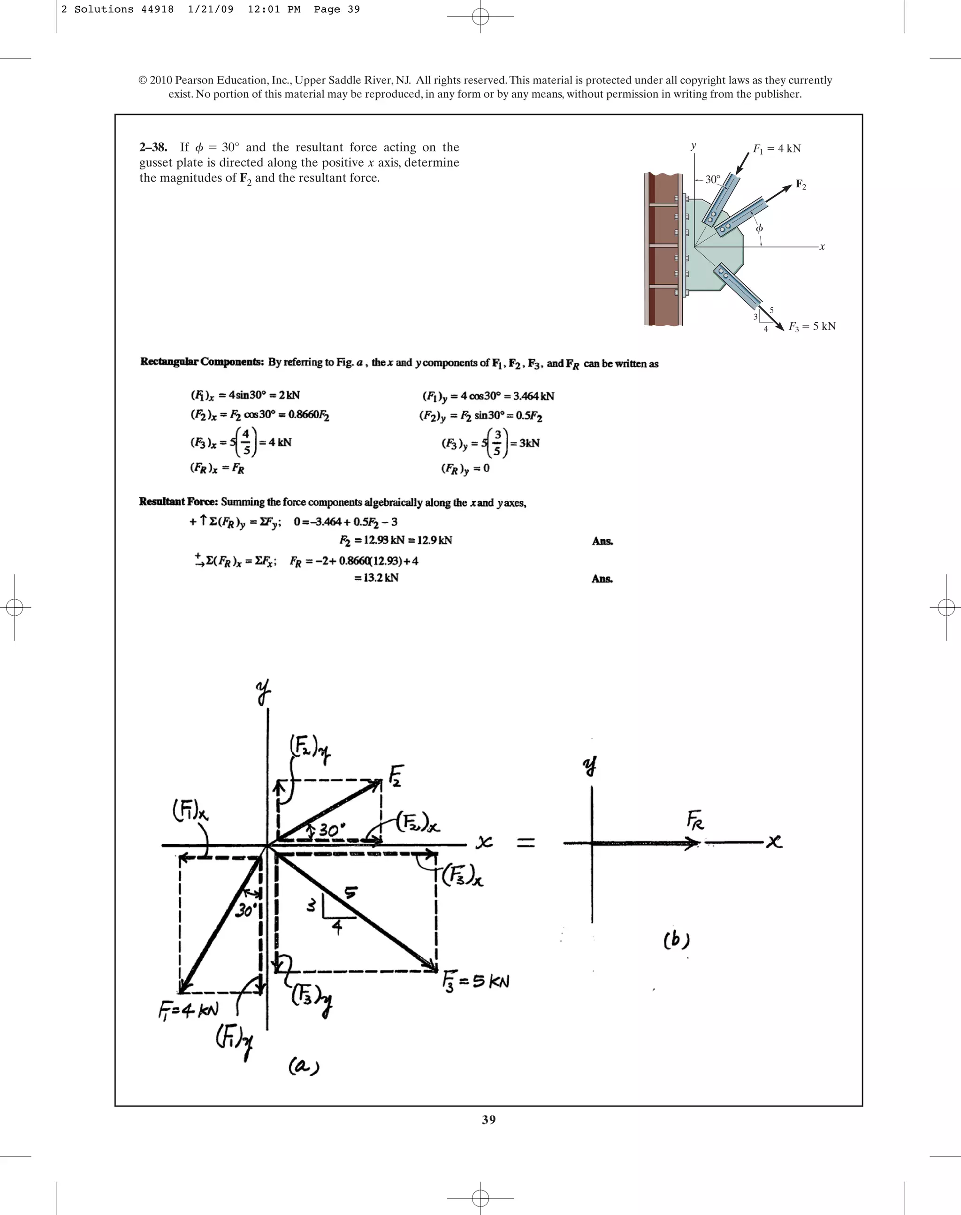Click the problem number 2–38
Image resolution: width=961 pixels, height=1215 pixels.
(153, 147)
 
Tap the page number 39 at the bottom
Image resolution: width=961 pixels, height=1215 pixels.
(488, 1120)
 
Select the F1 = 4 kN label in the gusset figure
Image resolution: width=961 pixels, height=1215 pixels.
(777, 149)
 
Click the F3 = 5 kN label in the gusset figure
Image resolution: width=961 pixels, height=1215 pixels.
(812, 327)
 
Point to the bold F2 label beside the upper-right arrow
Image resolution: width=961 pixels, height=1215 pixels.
(801, 184)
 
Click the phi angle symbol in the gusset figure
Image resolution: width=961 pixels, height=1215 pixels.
(759, 229)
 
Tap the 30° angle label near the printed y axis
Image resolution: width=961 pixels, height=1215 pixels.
(712, 180)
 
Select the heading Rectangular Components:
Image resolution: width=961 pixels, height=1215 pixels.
(202, 362)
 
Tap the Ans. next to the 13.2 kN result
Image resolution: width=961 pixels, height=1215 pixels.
(602, 579)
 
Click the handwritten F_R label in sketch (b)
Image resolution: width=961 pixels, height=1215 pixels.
(695, 820)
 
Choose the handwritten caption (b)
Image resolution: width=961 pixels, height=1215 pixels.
(676, 940)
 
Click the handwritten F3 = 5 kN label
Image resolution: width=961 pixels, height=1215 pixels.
(476, 981)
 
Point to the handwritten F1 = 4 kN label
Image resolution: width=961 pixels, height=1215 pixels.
(188, 1010)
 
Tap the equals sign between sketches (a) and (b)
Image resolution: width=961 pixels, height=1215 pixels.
(526, 843)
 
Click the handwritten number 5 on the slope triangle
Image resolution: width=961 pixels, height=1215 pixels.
(350, 892)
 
